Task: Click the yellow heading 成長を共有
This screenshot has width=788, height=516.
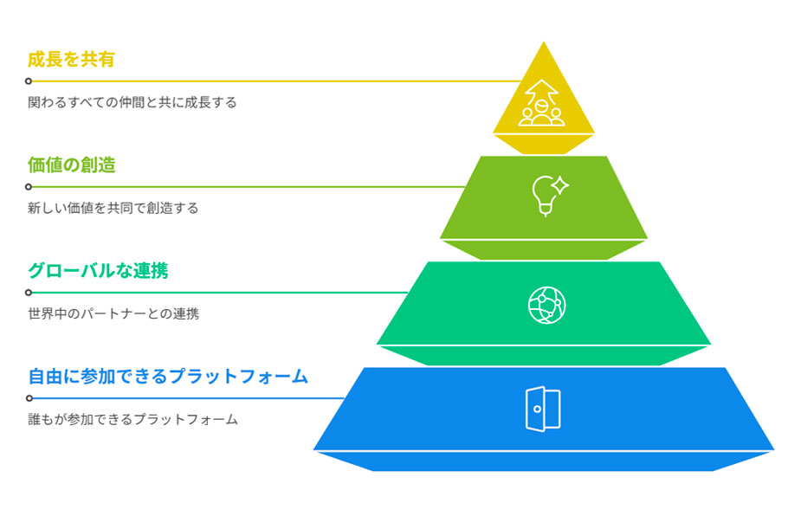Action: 71,60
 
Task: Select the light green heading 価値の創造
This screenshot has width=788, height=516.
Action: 71,165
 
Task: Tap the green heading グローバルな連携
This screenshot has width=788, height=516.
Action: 98,271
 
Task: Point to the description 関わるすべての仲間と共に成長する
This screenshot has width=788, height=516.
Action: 132,102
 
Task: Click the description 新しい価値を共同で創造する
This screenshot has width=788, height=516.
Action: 113,208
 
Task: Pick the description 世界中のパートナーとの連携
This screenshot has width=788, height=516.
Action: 113,313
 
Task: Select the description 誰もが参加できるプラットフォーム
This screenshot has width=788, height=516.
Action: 132,419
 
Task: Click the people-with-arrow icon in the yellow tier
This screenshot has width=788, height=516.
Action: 542,104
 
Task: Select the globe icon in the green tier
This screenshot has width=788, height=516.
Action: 546,304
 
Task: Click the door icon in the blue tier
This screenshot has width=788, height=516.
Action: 543,409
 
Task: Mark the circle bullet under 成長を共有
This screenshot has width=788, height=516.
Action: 29,81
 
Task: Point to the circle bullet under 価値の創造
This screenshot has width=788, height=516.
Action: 29,187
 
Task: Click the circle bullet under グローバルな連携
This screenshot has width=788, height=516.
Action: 29,293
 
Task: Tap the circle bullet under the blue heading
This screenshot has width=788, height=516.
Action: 29,398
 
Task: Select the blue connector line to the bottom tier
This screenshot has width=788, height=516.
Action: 191,398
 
